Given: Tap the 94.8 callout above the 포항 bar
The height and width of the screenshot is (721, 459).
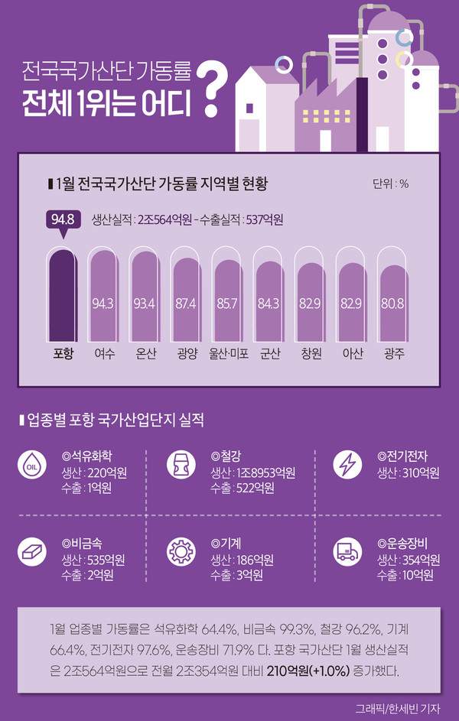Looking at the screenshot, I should pos(62,220).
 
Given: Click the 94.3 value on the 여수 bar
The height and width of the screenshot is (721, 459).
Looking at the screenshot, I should pos(103,304).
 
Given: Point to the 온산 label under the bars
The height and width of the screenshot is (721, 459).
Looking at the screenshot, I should pos(145,354).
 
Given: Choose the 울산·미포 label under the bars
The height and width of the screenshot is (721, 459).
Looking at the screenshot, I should pos(228,354).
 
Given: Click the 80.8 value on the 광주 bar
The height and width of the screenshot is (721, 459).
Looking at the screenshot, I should pos(392,304).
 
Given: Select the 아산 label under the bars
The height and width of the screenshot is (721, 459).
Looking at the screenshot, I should pos(352,354).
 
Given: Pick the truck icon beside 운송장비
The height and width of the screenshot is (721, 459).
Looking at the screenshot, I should pos(348,552).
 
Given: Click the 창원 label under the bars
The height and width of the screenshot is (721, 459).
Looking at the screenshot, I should pos(310,354).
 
